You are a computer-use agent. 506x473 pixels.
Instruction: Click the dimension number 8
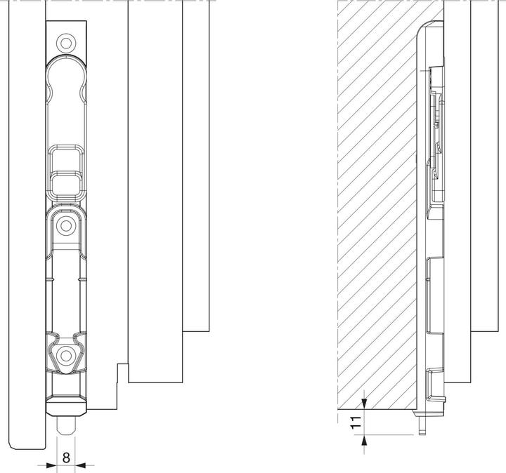coord(66,457)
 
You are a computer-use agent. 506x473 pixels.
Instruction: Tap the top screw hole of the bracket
coord(66,43)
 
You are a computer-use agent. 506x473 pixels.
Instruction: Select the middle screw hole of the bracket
coord(66,226)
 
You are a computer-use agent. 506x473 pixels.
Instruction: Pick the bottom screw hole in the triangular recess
coord(66,353)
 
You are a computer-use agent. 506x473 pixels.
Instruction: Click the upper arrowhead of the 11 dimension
coord(365,404)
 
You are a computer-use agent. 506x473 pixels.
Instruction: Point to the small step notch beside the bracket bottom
coord(122,366)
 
